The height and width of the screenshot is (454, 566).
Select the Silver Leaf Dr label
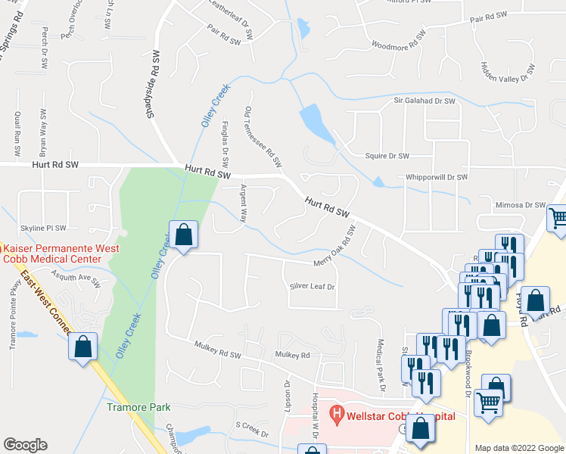(x=312, y=287)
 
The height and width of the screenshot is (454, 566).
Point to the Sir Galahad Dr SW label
(x=424, y=100)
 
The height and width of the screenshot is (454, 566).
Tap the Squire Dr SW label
(x=387, y=156)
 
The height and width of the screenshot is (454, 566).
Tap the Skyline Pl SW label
(x=43, y=227)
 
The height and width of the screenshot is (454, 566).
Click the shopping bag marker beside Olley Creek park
(x=183, y=235)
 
